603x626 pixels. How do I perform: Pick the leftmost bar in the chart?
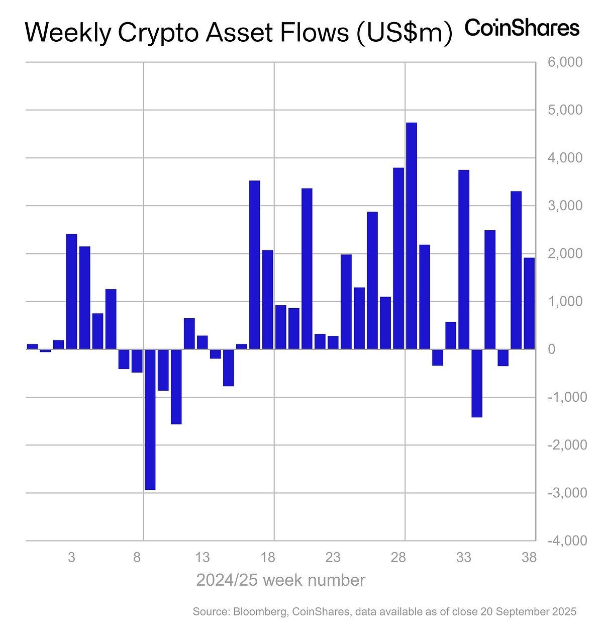[32, 346]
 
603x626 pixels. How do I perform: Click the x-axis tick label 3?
[72, 557]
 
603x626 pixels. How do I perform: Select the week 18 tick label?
[268, 557]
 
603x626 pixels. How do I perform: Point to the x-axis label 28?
[398, 557]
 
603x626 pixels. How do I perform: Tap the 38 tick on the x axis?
[529, 557]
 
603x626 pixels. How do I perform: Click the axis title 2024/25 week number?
[280, 580]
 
